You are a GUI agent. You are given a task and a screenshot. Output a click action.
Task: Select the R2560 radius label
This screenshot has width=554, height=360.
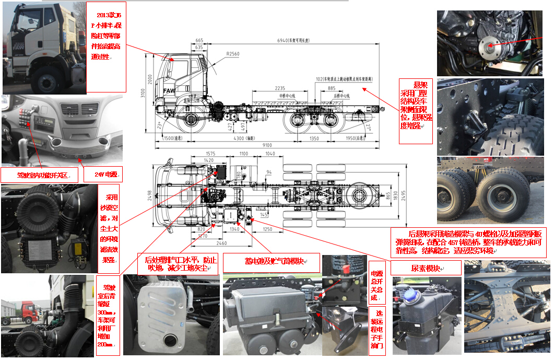(232, 54)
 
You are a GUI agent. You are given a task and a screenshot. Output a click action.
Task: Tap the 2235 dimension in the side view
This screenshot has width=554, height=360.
(280, 88)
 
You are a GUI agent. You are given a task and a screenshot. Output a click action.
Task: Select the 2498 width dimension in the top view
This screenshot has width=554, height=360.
(150, 195)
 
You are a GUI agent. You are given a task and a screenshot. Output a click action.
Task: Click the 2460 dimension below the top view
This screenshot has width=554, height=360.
(221, 243)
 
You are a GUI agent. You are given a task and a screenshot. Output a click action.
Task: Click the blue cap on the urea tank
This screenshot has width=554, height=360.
(410, 294)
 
